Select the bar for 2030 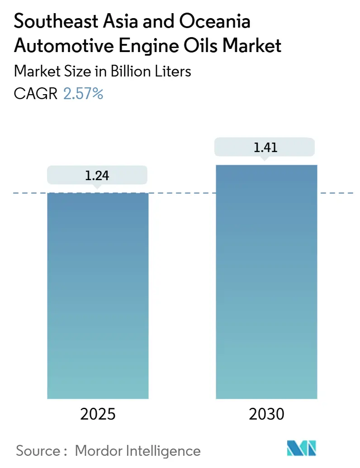point(266,281)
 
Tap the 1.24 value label point(97,175)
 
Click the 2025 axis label point(98,414)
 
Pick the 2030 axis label point(266,414)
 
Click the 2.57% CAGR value point(83,94)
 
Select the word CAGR point(36,94)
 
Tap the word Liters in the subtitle point(173,72)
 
